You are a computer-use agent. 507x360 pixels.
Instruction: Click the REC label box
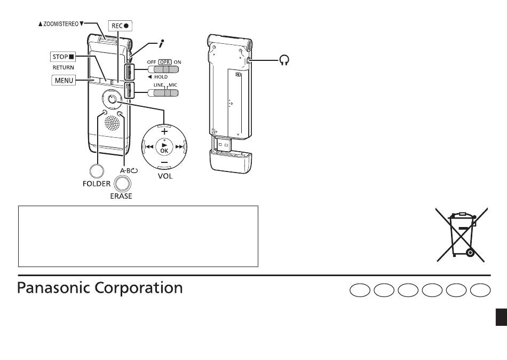click(x=120, y=26)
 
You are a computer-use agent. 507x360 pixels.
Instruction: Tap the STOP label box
click(x=63, y=57)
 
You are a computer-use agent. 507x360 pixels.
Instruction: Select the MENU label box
click(x=64, y=80)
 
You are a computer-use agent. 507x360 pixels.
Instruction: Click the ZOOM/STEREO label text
click(x=61, y=24)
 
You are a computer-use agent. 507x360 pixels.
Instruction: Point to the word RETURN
click(x=64, y=68)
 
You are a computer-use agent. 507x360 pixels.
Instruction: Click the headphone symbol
click(x=284, y=60)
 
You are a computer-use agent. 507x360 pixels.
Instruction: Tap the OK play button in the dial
click(x=164, y=147)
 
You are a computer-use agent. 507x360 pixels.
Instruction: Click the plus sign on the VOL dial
click(x=164, y=131)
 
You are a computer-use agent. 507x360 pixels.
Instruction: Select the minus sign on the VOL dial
click(x=164, y=162)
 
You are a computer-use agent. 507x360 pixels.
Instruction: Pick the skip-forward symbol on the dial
click(x=179, y=147)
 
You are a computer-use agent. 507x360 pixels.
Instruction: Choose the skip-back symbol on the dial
click(x=149, y=147)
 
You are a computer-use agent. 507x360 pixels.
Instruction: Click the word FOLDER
click(x=97, y=184)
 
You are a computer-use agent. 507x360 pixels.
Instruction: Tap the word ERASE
click(x=121, y=196)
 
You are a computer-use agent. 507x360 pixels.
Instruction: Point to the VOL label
click(x=165, y=176)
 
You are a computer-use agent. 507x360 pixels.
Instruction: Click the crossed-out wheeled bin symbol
click(x=462, y=234)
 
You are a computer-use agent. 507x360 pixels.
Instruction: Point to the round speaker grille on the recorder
click(x=112, y=123)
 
